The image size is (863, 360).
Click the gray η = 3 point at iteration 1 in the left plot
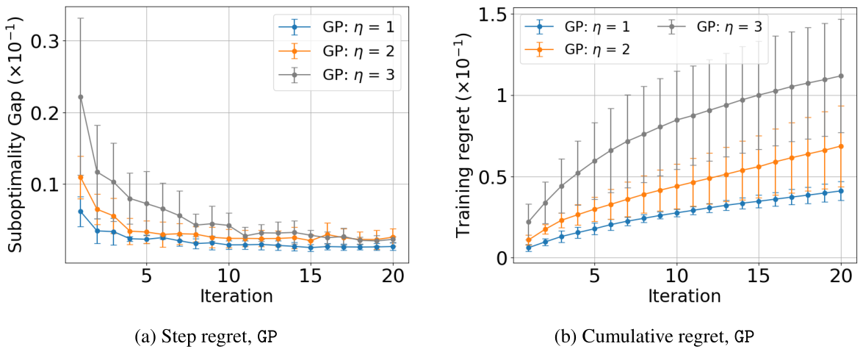(81, 97)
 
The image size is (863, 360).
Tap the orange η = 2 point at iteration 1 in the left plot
(81, 177)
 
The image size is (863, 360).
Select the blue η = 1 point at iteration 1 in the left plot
(81, 212)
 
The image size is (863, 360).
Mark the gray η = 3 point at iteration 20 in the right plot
(841, 76)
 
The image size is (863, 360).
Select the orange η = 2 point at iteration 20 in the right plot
(841, 146)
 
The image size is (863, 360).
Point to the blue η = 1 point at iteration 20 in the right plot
(841, 191)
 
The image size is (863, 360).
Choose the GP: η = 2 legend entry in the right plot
(578, 48)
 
